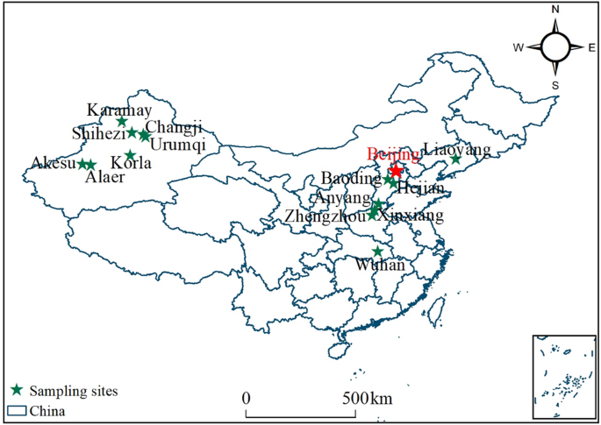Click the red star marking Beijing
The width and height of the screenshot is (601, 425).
pos(396,170)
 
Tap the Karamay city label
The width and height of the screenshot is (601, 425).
pos(119,110)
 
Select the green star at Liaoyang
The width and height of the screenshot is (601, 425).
pos(455,159)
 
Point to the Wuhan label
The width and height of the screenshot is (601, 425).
pos(380,265)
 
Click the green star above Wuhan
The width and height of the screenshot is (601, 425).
pos(377,251)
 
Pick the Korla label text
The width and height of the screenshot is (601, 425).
pos(132,164)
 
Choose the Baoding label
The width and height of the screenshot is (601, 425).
pos(351,178)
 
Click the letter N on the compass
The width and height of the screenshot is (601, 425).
pos(555,9)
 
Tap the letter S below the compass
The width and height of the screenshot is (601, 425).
pos(554,85)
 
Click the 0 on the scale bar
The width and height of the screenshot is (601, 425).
pos(247,399)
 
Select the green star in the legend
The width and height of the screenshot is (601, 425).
pos(16,390)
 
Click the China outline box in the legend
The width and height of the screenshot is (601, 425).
pos(16,409)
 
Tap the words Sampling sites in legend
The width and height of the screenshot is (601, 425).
pos(74,390)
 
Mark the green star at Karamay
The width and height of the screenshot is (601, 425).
pos(122,121)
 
